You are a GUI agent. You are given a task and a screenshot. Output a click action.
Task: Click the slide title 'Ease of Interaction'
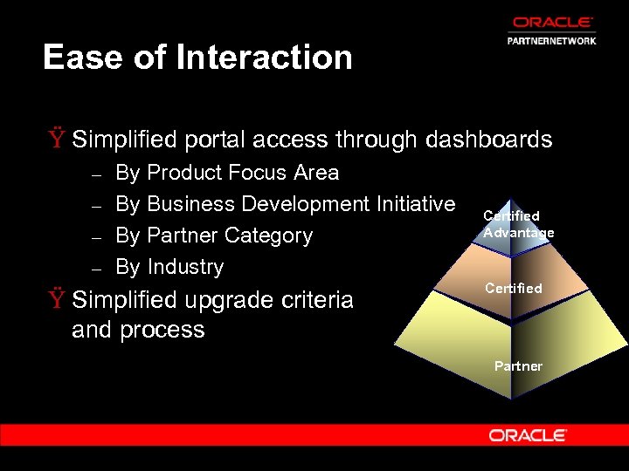click(x=197, y=58)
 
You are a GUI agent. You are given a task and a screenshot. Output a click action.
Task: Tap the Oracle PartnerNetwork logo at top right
click(x=552, y=30)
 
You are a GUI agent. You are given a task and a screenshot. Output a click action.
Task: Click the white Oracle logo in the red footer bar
click(x=528, y=434)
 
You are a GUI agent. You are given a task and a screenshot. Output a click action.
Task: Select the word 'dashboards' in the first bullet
click(x=488, y=140)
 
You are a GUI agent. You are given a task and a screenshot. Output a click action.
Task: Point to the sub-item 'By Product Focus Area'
click(x=227, y=173)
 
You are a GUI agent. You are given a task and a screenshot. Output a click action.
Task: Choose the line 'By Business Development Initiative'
click(x=285, y=204)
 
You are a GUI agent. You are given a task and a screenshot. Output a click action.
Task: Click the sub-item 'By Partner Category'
click(x=214, y=235)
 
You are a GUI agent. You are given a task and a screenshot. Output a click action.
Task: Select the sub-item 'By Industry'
click(x=169, y=267)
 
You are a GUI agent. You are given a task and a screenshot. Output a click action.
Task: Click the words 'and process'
click(x=138, y=330)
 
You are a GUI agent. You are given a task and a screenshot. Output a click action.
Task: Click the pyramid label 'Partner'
click(x=518, y=366)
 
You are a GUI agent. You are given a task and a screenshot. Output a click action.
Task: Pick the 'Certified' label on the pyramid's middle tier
click(x=514, y=288)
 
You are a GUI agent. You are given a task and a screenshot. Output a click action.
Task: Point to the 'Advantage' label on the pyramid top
click(x=519, y=233)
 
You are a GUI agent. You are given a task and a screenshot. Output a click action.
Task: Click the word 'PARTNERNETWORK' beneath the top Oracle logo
click(x=552, y=40)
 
